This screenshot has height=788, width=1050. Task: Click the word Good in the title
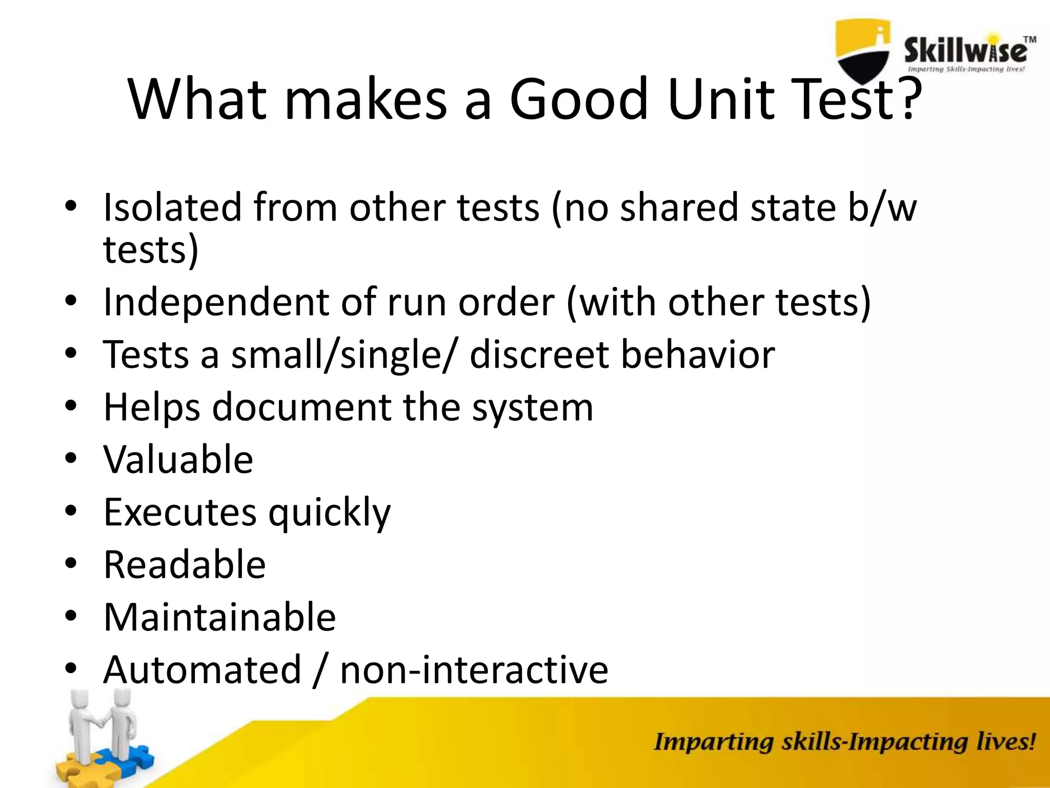[579, 98]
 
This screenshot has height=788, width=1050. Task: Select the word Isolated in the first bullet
[172, 208]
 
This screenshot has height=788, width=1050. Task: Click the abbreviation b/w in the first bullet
[882, 208]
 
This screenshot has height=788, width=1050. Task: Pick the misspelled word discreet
[539, 354]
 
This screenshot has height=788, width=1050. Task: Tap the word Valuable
[178, 459]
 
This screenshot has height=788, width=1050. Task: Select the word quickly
[329, 513]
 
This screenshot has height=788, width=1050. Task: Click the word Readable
[185, 565]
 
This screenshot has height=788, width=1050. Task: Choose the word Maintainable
[219, 617]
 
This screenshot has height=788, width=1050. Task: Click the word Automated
[202, 669]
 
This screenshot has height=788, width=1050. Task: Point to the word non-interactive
[474, 669]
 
